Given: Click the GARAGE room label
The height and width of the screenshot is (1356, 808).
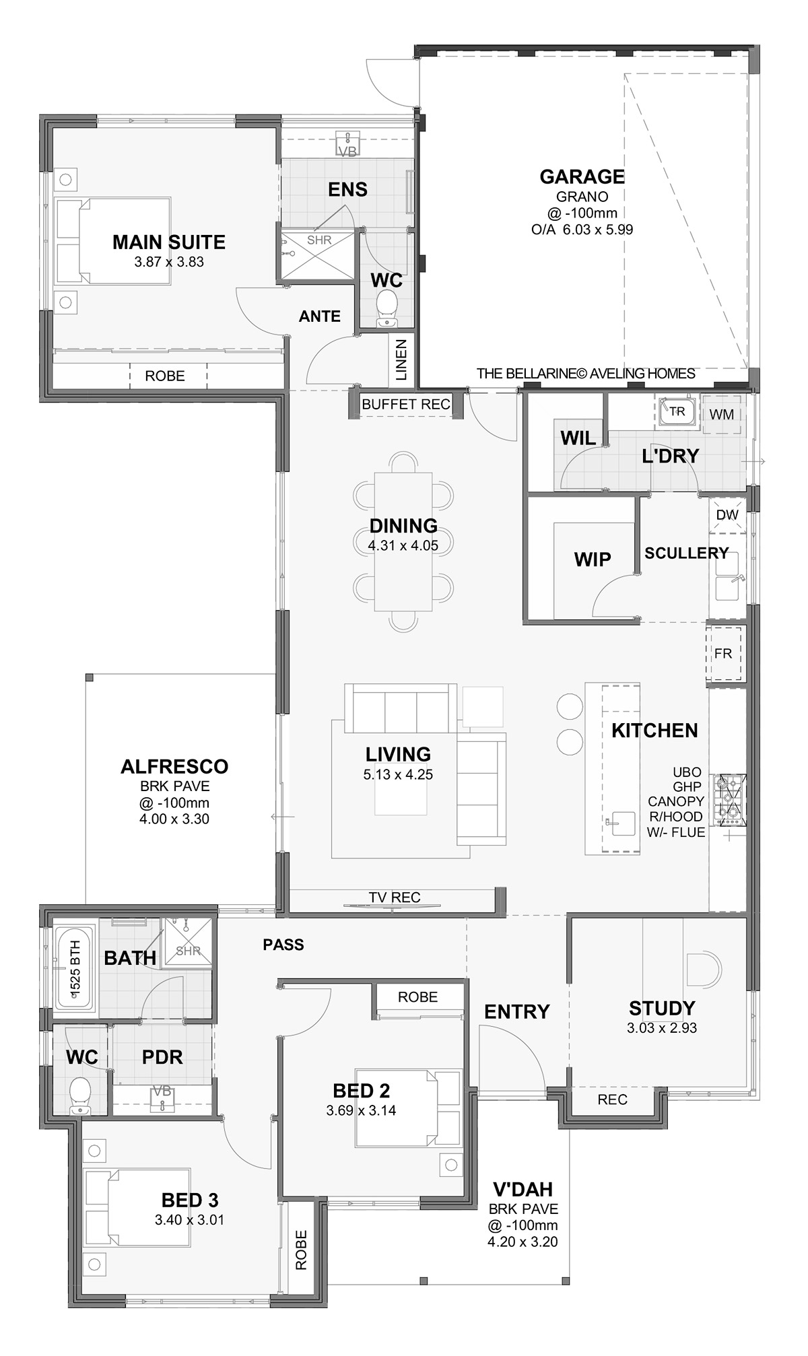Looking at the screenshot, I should click(582, 176).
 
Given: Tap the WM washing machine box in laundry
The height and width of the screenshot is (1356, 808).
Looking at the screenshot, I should click(721, 414).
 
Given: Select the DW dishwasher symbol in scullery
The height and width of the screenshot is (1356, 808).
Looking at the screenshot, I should click(727, 515).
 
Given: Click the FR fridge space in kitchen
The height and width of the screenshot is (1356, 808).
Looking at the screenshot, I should click(723, 653).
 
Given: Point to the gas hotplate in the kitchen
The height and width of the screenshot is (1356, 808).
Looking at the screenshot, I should click(729, 800).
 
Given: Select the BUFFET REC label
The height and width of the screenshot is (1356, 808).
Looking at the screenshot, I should click(405, 405).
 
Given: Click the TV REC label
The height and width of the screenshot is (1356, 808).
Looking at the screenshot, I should click(395, 897).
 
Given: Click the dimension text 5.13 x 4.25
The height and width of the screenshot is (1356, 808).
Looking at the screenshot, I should click(398, 775).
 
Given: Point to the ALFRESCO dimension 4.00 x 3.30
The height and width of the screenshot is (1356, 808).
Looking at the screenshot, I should click(174, 819).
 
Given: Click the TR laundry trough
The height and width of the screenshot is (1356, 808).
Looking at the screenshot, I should click(676, 411).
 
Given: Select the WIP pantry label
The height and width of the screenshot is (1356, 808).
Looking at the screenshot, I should click(593, 560).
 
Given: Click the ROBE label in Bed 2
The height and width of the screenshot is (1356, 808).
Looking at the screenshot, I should click(417, 997).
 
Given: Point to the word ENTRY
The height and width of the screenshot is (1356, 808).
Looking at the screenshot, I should click(516, 1011).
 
